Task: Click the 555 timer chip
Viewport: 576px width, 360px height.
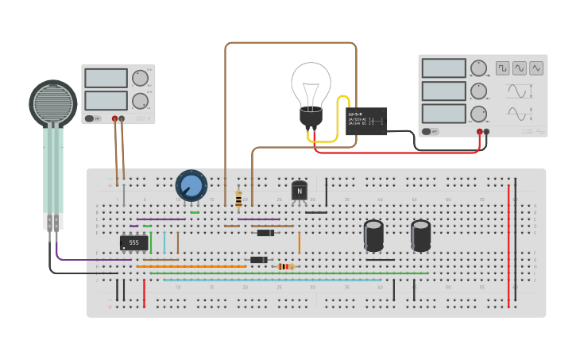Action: click(x=133, y=242)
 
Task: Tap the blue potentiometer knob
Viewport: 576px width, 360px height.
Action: click(x=191, y=185)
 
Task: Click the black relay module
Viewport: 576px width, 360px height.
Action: click(x=366, y=121)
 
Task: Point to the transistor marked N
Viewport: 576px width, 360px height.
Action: click(x=300, y=191)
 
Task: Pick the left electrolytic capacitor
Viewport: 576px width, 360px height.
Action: click(x=373, y=235)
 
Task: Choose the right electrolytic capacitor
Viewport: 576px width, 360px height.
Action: click(x=420, y=235)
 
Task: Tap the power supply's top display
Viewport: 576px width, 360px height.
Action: click(x=106, y=78)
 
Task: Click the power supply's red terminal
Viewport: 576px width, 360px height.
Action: click(x=115, y=118)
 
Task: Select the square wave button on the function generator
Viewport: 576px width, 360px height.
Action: click(x=502, y=68)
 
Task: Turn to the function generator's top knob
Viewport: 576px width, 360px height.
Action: click(x=478, y=68)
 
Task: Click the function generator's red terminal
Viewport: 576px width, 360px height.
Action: click(x=480, y=131)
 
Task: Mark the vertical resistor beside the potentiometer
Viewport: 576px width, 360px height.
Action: click(x=238, y=199)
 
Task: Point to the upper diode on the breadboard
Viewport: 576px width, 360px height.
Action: click(x=265, y=233)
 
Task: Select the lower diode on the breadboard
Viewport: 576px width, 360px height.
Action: click(x=259, y=260)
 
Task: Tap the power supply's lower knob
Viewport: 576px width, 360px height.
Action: click(x=139, y=101)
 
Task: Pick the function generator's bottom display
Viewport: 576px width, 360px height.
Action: click(x=443, y=114)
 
